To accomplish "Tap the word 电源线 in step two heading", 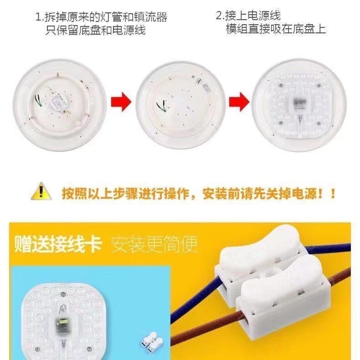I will click(266, 16).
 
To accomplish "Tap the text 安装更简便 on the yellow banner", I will click(154, 245).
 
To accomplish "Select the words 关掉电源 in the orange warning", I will click(283, 193).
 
